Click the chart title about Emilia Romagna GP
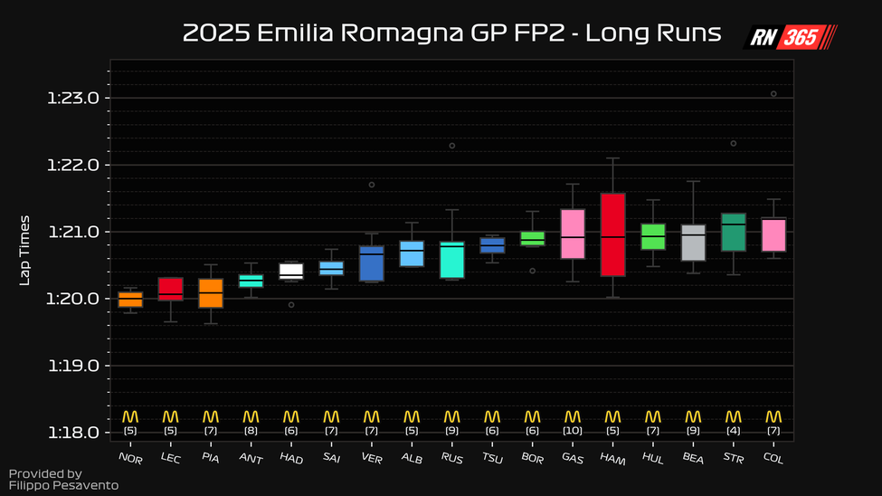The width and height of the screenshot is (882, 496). tap(451, 33)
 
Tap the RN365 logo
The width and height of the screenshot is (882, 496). tap(790, 36)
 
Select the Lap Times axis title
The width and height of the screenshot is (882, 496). tap(25, 250)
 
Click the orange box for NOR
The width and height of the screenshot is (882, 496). tap(130, 300)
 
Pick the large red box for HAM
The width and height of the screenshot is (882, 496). tap(612, 234)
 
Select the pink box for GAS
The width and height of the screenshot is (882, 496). tap(573, 234)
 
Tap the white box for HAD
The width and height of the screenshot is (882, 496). tap(290, 270)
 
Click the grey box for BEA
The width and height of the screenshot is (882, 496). tap(693, 243)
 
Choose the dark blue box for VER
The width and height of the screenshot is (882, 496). tap(371, 263)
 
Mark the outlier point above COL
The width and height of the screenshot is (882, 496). tap(773, 93)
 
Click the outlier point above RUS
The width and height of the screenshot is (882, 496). tap(452, 146)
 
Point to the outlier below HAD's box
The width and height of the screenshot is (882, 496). tap(290, 305)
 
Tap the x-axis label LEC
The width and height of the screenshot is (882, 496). tap(169, 459)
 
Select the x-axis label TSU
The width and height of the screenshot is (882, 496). tap(491, 459)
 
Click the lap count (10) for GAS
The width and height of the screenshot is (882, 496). tap(572, 431)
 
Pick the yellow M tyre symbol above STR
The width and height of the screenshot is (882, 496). tap(733, 416)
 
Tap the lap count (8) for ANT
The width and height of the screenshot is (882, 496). tap(251, 431)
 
